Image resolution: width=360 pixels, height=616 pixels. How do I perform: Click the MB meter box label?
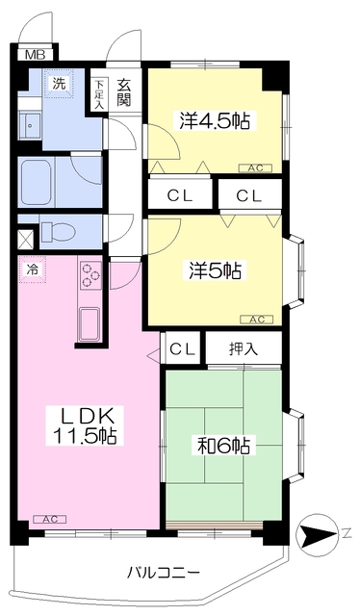[x=36, y=55]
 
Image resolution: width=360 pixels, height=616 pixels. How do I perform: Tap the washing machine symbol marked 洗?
[x=59, y=84]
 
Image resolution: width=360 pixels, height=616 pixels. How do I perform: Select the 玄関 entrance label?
[x=123, y=92]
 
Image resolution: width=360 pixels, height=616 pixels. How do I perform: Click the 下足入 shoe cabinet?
[x=98, y=94]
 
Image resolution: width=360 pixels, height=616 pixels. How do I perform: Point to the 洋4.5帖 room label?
[x=215, y=121]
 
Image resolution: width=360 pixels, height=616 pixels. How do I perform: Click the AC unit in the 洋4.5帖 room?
[x=255, y=168]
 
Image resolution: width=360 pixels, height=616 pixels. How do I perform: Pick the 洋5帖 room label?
[x=215, y=270]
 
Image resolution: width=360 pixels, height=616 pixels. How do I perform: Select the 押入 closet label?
[x=244, y=348]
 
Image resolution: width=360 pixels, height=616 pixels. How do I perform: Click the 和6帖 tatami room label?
[x=223, y=446]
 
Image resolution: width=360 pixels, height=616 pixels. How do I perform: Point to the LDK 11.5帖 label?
[x=85, y=425]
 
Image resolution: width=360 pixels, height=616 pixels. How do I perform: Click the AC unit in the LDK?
[x=50, y=520]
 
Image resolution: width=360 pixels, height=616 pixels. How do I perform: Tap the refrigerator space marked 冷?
[x=32, y=269]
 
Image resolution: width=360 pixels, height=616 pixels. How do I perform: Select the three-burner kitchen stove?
[x=91, y=275]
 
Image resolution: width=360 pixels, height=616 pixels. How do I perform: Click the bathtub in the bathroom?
[x=39, y=182]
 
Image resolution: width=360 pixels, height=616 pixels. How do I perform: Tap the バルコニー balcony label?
[x=163, y=573]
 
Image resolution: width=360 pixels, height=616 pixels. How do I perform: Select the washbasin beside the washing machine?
[x=30, y=125]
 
